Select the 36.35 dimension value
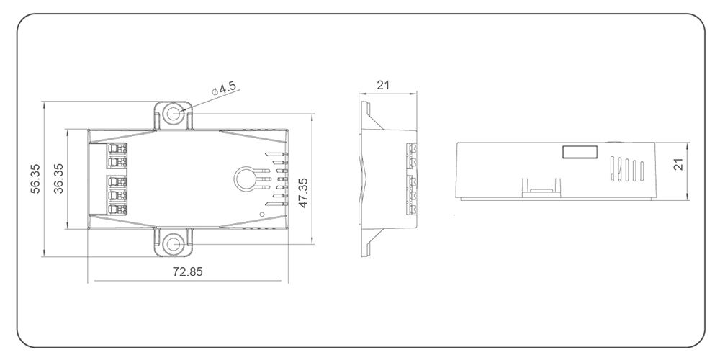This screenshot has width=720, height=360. coord(58,178)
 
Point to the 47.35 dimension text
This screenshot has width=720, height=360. coord(304,192)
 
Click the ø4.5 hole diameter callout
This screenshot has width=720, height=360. coord(225,89)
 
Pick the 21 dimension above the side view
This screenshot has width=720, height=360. coord(383,84)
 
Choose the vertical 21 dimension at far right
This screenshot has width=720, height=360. coord(678,166)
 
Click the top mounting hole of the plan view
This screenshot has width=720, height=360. coord(173,114)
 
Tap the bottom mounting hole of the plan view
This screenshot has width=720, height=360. coord(173,243)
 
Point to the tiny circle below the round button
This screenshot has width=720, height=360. coord(262,213)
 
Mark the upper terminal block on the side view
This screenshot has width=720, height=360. coord(413,154)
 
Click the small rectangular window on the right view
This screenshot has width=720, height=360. coord(579,151)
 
